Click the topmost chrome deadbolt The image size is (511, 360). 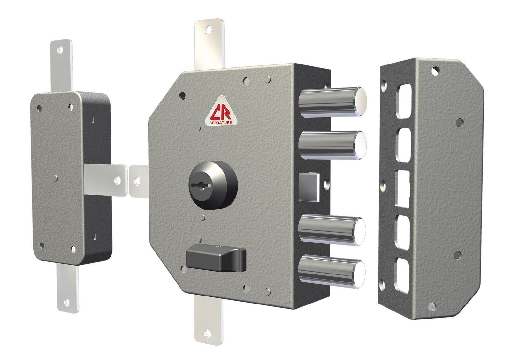[332, 102]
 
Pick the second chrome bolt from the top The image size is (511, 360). [332, 145]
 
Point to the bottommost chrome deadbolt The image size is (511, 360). [331, 271]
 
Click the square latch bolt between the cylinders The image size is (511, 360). [309, 187]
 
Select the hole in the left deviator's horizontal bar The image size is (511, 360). [118, 181]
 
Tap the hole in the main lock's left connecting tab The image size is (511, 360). [137, 181]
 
